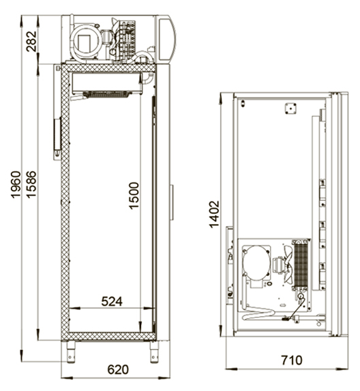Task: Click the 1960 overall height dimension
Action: (16, 185)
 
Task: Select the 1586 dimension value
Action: (31, 185)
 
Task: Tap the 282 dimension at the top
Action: (31, 42)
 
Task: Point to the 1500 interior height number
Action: (134, 195)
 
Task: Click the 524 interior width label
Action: (112, 302)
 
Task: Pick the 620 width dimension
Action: (118, 370)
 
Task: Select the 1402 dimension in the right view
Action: (214, 215)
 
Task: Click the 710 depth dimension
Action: (292, 360)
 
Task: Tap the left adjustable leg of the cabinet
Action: (71, 352)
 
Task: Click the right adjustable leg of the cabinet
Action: (154, 352)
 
